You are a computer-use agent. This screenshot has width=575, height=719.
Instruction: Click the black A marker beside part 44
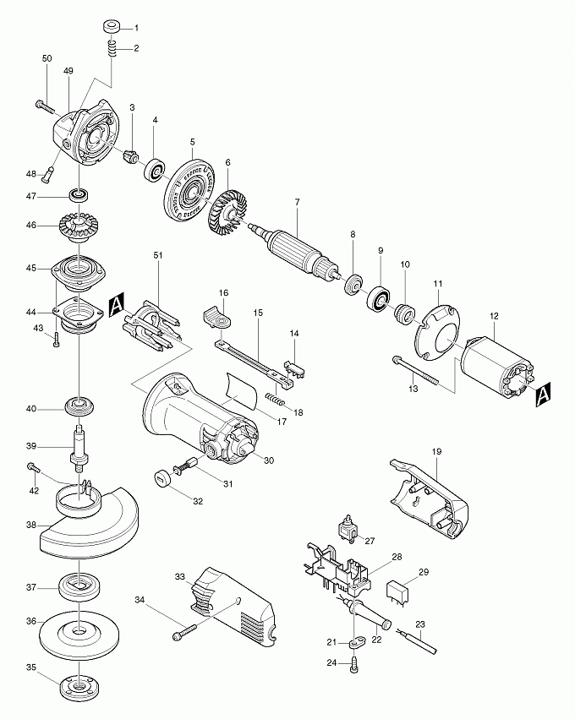click(118, 303)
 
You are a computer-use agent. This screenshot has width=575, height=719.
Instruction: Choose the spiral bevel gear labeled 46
click(78, 226)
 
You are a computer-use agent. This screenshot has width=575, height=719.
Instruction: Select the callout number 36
click(31, 621)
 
